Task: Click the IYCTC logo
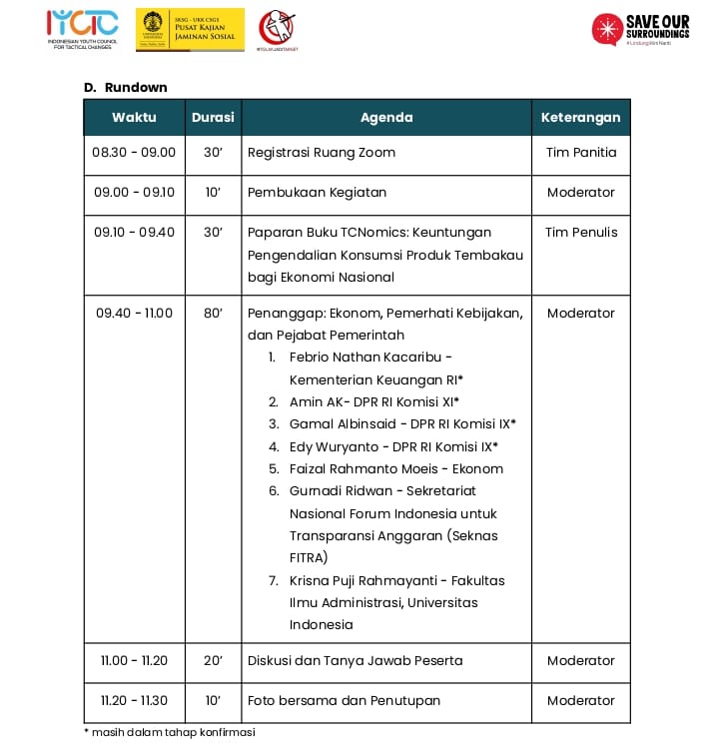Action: coord(83,29)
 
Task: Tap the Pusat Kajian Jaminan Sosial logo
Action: coord(190,29)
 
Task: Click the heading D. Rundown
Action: coord(126,88)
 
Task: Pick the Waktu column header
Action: coord(134,117)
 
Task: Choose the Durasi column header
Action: coord(213,117)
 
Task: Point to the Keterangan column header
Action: coord(580,117)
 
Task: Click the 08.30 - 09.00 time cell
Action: coord(134,153)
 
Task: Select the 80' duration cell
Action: coord(213,313)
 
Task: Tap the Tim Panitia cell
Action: coord(581,153)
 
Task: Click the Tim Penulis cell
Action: coord(581,232)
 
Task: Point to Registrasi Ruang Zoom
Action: coord(322,153)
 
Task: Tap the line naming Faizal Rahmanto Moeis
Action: coord(396,469)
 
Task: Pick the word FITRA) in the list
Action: coord(309,558)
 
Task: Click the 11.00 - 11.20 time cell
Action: coord(134,660)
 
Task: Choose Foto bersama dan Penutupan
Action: coord(344,700)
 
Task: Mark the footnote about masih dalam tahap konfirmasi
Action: coord(170,733)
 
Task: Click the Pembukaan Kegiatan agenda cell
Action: coord(318,192)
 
